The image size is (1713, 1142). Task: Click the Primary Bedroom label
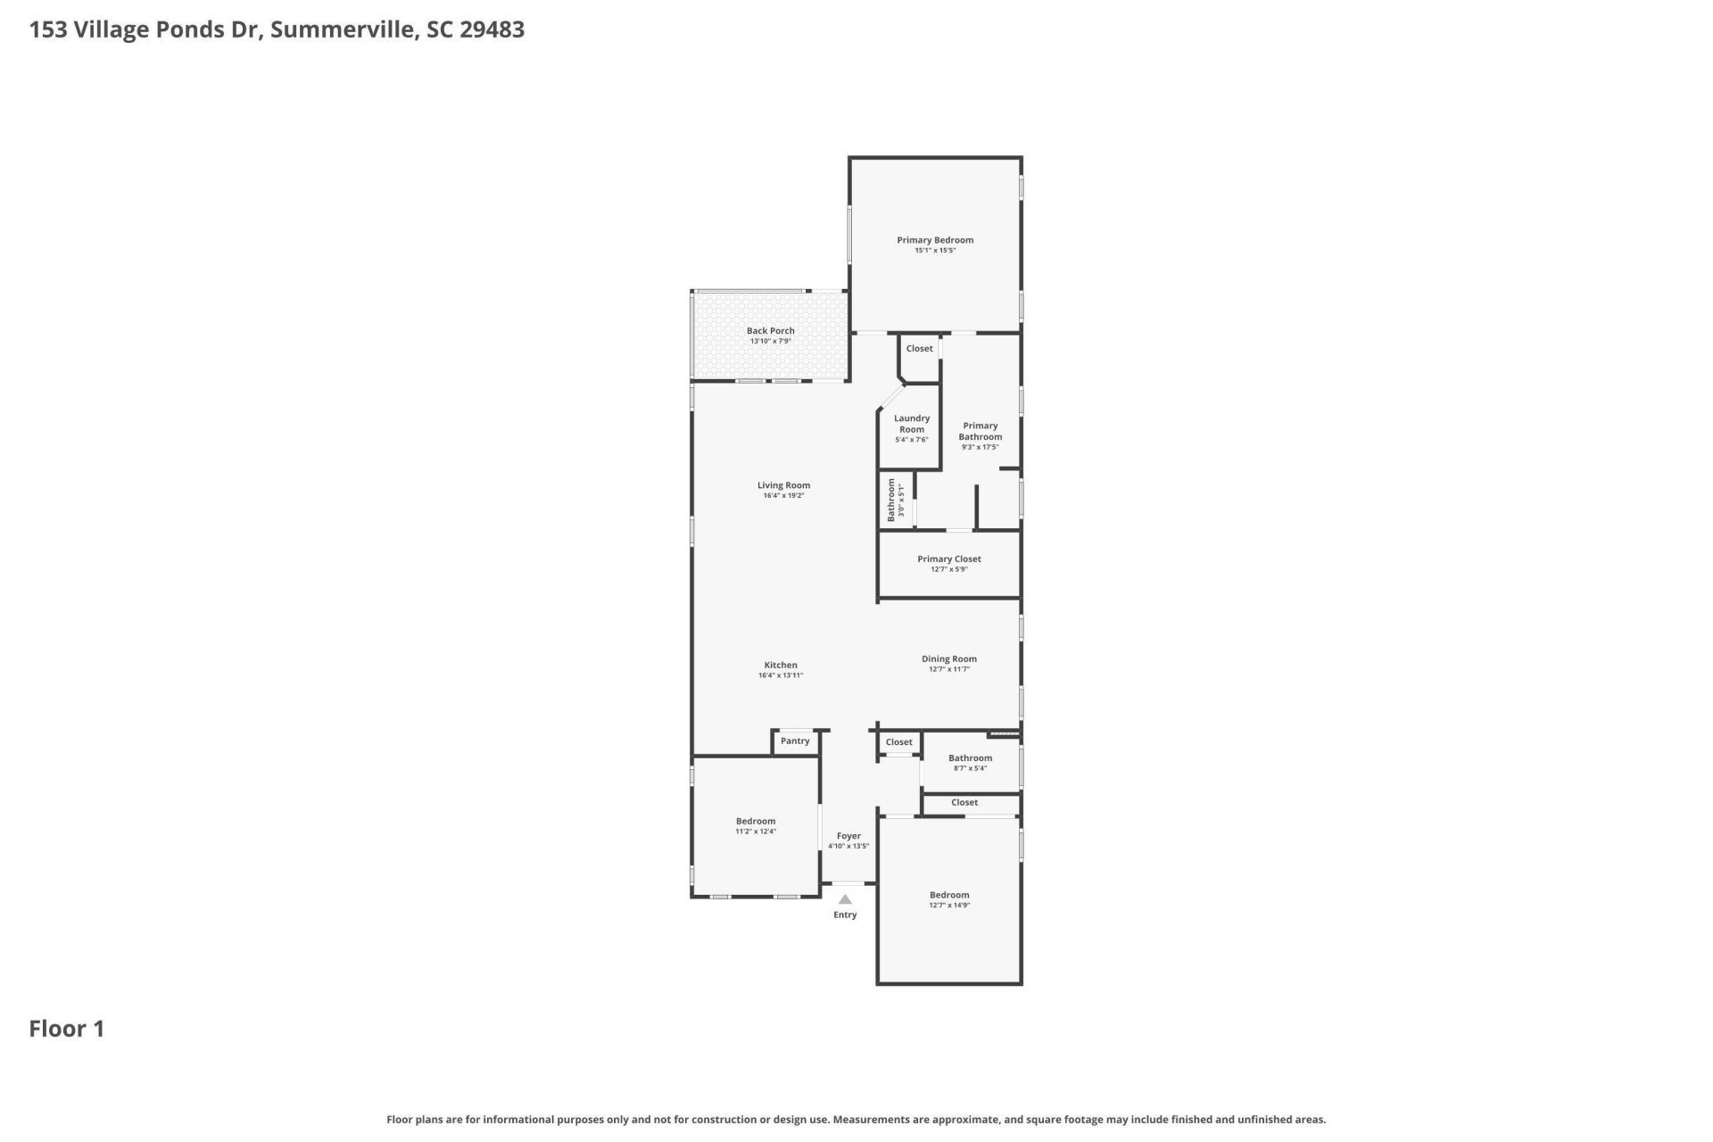tap(934, 240)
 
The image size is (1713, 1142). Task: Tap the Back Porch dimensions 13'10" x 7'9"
tap(770, 342)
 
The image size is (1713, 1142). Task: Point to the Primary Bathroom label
tap(980, 431)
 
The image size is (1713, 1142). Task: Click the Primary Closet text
tap(948, 559)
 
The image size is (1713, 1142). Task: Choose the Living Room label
tap(783, 485)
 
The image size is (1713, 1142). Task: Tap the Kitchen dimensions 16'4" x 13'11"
tap(780, 676)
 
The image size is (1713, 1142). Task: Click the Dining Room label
tap(948, 659)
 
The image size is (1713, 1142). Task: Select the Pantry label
tap(794, 741)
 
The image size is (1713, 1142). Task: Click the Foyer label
tap(848, 836)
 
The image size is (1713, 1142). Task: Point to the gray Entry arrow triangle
tap(845, 899)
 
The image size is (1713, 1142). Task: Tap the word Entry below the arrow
tap(845, 914)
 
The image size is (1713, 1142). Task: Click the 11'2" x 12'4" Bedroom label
tap(755, 821)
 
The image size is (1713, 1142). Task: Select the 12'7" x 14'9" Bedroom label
tap(948, 895)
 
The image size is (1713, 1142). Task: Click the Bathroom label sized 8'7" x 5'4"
tap(970, 758)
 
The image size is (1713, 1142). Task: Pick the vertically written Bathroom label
tap(890, 500)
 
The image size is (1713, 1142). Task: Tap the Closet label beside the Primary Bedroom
tap(919, 349)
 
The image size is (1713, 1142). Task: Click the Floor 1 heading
tap(67, 1029)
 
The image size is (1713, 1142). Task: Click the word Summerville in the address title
tap(343, 29)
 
